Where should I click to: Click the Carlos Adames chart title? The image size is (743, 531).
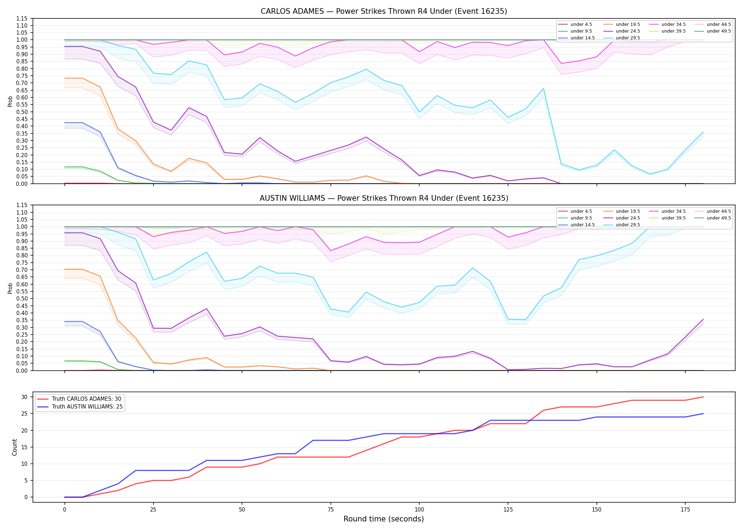[x=384, y=11]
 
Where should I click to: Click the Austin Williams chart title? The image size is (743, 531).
[x=384, y=198]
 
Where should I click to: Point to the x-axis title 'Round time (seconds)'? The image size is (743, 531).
[x=384, y=519]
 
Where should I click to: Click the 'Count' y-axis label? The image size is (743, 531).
[x=15, y=447]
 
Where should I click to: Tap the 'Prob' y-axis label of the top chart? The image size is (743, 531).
[x=10, y=101]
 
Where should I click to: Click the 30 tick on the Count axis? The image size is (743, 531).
[x=24, y=397]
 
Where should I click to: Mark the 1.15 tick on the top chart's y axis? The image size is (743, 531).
[x=22, y=18]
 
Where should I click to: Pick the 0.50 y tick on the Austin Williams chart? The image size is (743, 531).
[x=22, y=298]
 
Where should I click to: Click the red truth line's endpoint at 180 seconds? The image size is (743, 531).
[x=703, y=397]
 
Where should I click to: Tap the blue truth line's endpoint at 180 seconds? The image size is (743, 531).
[x=703, y=413]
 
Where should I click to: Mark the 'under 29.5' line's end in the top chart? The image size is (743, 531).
[x=703, y=132]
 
